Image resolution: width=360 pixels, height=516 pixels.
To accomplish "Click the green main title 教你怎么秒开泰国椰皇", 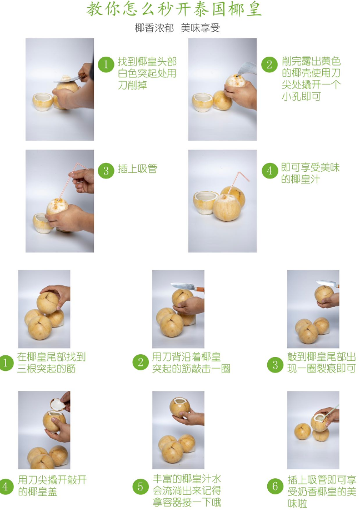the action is tap(174, 9).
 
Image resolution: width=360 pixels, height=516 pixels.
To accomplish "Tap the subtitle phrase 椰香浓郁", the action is tap(154, 28).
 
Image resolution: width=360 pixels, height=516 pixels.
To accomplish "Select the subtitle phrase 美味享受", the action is tap(200, 28).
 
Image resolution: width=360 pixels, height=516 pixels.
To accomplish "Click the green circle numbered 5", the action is tap(141, 487).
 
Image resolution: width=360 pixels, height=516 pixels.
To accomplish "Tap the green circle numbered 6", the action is tap(275, 487).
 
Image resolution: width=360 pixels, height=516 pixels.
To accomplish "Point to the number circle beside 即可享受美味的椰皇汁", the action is tap(269, 171).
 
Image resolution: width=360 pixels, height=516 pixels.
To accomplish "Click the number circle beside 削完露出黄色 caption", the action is tap(269, 64).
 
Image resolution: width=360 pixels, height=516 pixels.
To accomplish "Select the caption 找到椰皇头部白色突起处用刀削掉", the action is tap(147, 73).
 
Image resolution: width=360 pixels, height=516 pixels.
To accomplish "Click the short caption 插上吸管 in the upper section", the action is tap(137, 169).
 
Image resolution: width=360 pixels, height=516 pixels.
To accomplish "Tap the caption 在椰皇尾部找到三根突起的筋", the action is tap(51, 363).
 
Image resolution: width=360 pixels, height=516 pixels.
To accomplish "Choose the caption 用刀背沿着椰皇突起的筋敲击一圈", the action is tap(191, 363).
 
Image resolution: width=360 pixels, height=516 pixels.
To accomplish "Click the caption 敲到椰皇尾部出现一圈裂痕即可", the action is tap(322, 363).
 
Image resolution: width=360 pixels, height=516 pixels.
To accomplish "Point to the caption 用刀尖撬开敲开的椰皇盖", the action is tap(52, 486).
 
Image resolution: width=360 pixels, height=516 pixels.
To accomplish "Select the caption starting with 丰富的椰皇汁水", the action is tap(187, 490).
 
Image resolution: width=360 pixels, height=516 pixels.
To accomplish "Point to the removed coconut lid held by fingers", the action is tap(58, 404).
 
